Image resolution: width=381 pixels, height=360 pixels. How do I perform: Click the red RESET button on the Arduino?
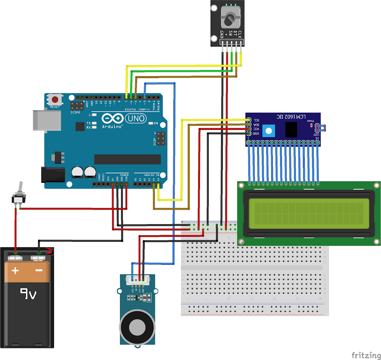tap(55, 100)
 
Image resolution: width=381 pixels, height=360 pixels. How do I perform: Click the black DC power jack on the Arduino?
tap(53, 174)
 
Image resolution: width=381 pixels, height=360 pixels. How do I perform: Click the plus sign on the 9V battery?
tap(15, 271)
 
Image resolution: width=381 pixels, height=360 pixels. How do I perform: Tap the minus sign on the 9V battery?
tap(39, 270)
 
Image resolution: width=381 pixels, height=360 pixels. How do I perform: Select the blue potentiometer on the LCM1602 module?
tap(269, 131)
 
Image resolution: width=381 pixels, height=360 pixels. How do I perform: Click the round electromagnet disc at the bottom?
tap(137, 327)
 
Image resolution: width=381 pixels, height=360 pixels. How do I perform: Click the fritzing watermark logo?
tap(365, 355)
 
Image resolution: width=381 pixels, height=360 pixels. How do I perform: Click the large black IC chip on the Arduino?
tap(127, 159)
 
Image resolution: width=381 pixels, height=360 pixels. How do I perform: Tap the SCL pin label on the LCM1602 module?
tap(256, 120)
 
